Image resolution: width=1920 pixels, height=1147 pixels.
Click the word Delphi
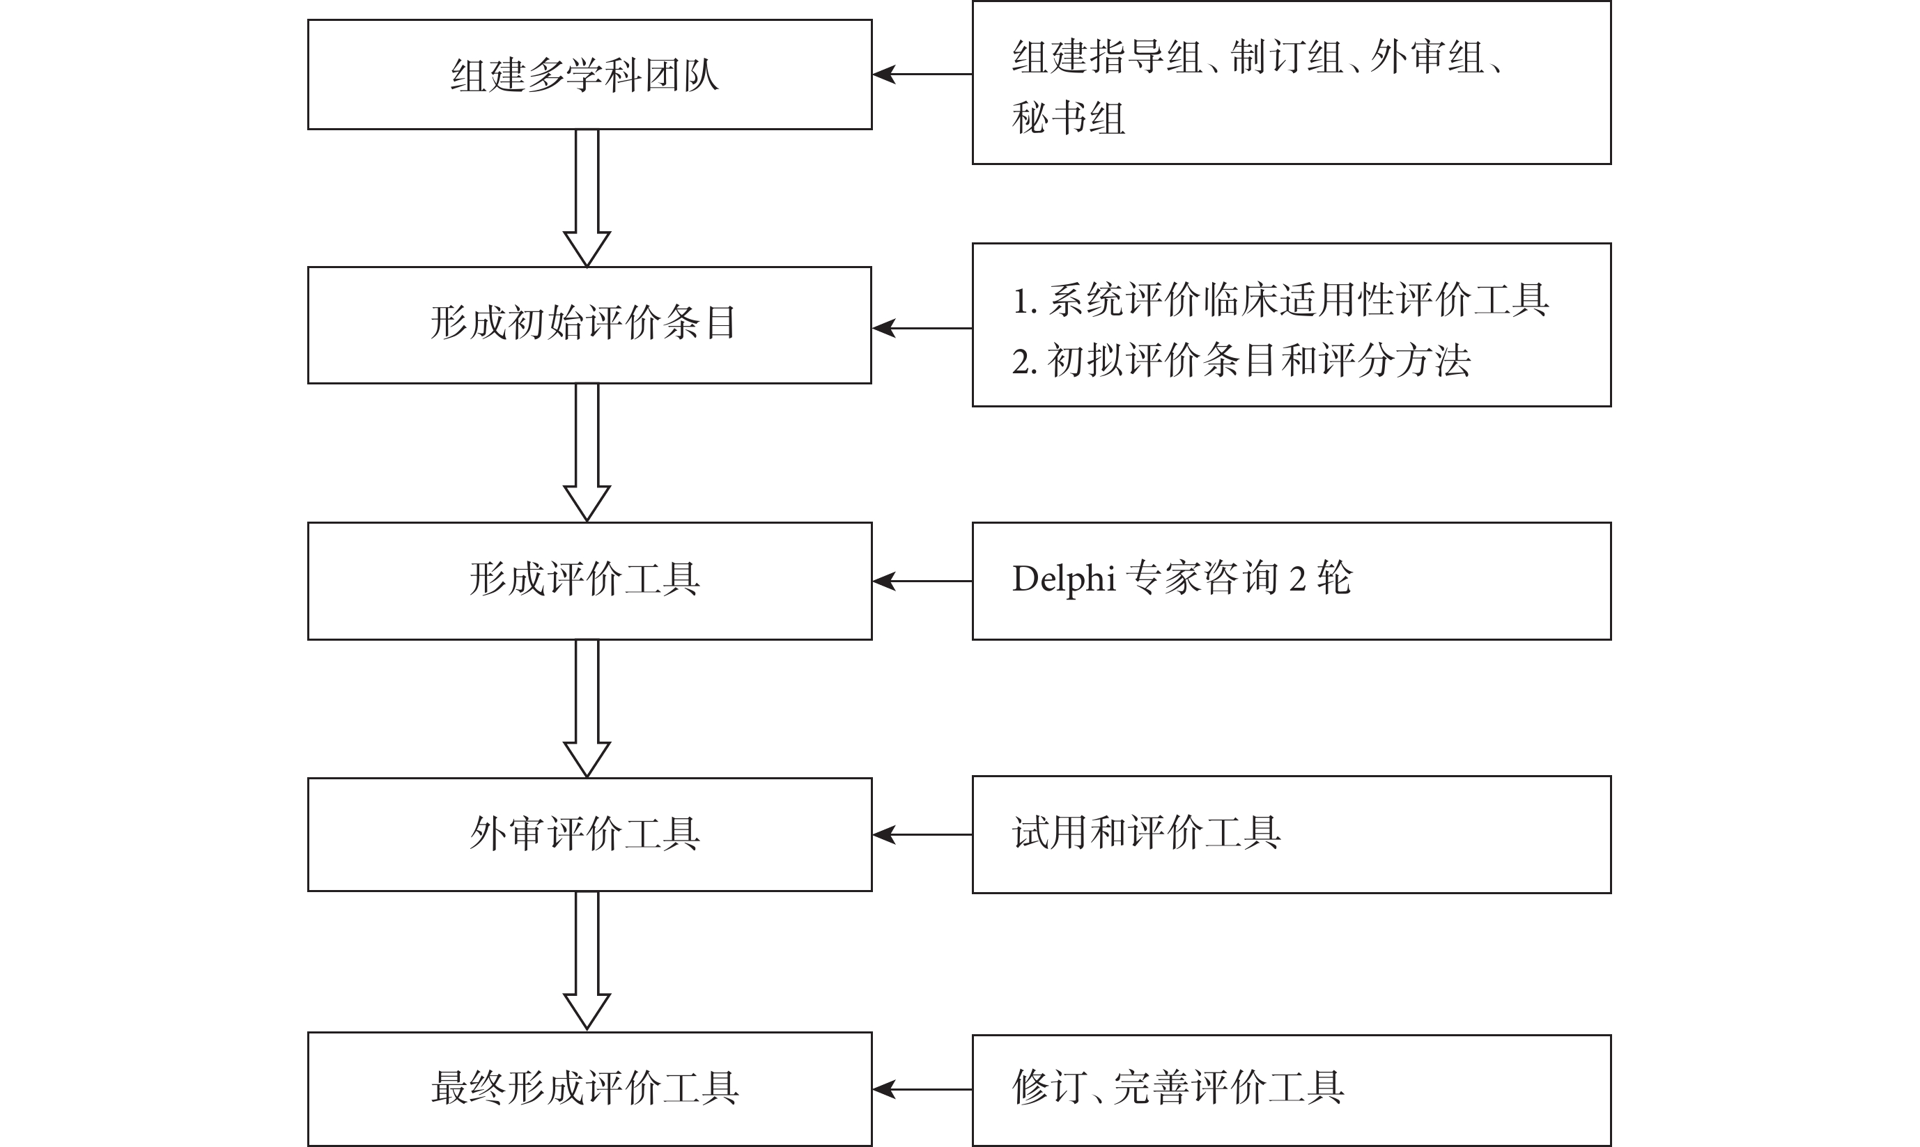1064,579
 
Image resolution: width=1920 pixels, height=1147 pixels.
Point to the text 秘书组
1068,118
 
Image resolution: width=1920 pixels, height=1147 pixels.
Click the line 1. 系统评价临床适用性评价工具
1280,300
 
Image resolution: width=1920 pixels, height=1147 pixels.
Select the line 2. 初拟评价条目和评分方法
1241,360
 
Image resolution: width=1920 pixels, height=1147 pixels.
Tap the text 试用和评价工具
1146,832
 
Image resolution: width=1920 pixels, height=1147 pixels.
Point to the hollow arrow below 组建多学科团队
587,198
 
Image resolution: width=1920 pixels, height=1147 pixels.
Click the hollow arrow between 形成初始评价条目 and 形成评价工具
587,453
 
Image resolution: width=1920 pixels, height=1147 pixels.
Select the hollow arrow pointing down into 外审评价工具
587,709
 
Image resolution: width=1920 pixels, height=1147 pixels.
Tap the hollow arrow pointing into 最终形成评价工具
587,961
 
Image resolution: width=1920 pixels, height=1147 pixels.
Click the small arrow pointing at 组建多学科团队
922,75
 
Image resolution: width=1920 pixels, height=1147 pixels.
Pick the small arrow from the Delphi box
922,582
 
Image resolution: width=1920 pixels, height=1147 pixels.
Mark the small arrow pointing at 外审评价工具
922,835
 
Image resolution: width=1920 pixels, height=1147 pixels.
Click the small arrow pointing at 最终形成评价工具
922,1089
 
